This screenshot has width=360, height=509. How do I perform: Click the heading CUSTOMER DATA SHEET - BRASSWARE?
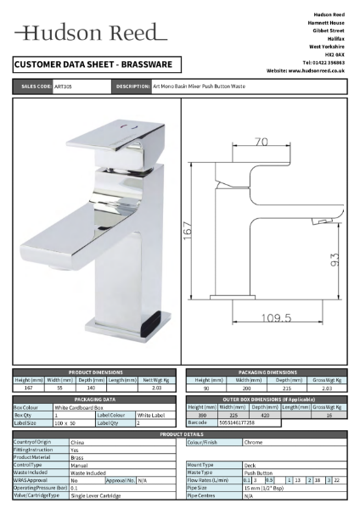coord(93,64)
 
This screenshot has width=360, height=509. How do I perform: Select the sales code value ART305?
coord(64,87)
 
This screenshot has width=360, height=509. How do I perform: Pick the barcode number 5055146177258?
coord(237,422)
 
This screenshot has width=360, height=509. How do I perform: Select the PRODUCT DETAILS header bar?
coord(179,433)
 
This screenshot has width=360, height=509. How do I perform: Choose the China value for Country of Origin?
coord(76,442)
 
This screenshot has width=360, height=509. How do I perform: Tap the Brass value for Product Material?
coord(76,457)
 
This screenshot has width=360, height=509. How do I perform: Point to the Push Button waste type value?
coord(257,473)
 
